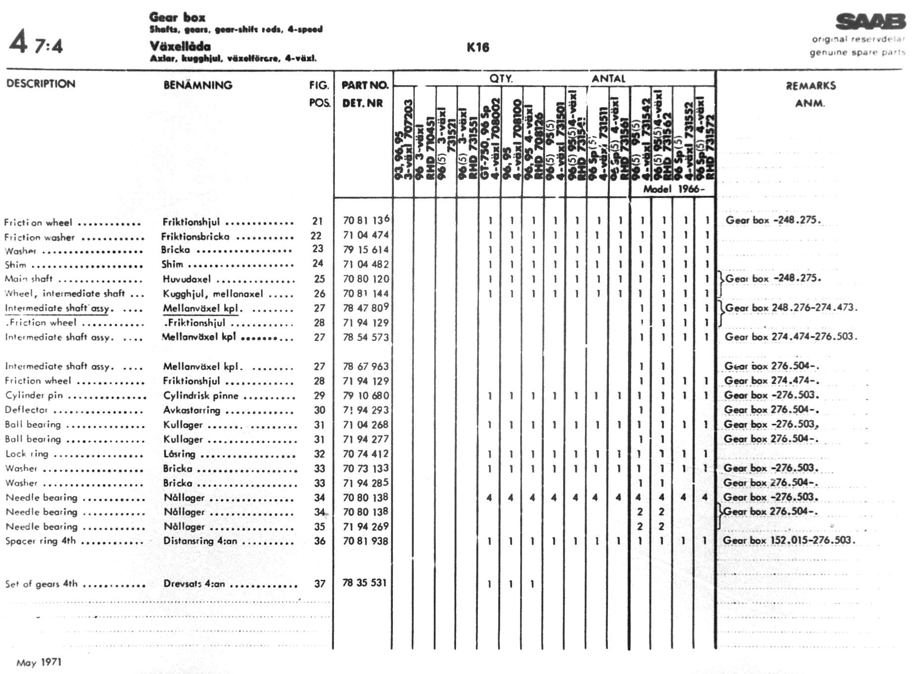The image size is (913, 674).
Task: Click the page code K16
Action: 478,48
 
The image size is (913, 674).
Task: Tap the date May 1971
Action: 39,662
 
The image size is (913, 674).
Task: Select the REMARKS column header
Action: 810,86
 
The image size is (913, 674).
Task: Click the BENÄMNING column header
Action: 197,85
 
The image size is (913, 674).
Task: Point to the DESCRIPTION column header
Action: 41,84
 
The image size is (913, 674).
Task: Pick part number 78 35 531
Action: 364,583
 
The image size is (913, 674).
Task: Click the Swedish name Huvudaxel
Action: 187,279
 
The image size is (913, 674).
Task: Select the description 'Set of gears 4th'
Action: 42,584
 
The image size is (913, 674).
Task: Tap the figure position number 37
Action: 320,584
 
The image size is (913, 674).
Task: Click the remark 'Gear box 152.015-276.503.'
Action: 789,540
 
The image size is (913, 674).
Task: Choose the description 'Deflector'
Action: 26,410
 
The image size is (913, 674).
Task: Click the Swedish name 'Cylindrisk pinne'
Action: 200,395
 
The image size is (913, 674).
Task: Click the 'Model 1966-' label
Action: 673,189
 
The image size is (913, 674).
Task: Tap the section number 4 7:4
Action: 36,43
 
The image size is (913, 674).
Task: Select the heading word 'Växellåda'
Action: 180,47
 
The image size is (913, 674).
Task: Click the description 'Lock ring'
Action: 27,453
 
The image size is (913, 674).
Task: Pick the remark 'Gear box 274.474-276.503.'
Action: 791,337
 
